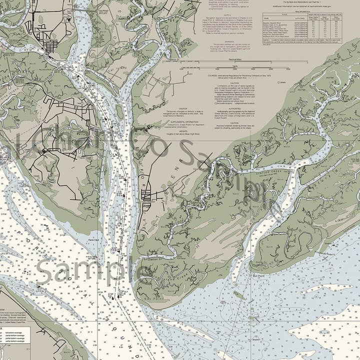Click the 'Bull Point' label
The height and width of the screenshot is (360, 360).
[x=259, y=275]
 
